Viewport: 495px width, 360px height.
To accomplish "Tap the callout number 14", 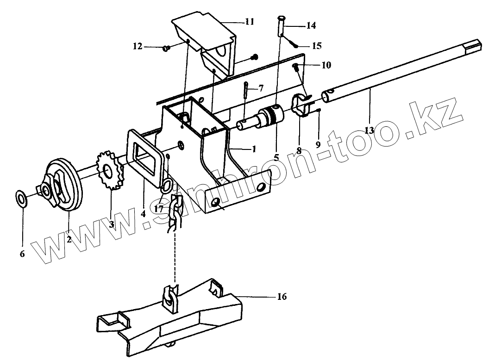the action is pos(311,26).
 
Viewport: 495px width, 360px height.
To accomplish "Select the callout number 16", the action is pos(282,297).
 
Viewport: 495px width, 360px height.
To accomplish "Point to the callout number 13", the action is pos(369,130).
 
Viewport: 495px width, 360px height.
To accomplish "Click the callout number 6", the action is pos(22,254).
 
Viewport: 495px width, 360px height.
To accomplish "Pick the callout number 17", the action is pos(159,209).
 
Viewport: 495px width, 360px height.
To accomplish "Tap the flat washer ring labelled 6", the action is pos(21,198).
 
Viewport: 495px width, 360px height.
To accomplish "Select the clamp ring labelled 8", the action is pos(300,106).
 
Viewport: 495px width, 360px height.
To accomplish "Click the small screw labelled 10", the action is pos(295,68).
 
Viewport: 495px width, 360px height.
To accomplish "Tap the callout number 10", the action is pos(326,65).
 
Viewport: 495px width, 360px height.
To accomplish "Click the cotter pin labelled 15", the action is pos(294,44).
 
